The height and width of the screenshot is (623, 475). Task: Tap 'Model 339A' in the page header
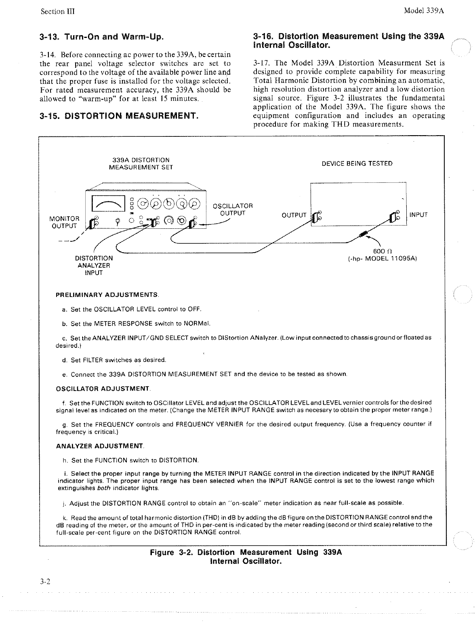click(424, 11)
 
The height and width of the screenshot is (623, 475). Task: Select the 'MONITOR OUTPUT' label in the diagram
click(64, 222)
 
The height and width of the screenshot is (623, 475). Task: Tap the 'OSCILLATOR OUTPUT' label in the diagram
click(233, 209)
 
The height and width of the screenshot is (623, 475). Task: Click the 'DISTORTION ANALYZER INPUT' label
click(94, 265)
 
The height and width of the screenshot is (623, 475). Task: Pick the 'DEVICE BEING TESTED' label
click(357, 163)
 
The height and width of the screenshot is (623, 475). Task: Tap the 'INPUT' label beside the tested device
click(418, 215)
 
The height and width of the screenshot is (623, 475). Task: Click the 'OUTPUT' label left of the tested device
click(294, 215)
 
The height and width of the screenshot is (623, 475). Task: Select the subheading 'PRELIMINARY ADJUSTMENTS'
click(107, 295)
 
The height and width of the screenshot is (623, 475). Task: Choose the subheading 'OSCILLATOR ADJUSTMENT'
click(103, 389)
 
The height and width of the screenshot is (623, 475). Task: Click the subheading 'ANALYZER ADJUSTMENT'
click(100, 446)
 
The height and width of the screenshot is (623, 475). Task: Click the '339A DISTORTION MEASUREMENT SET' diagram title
click(141, 163)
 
